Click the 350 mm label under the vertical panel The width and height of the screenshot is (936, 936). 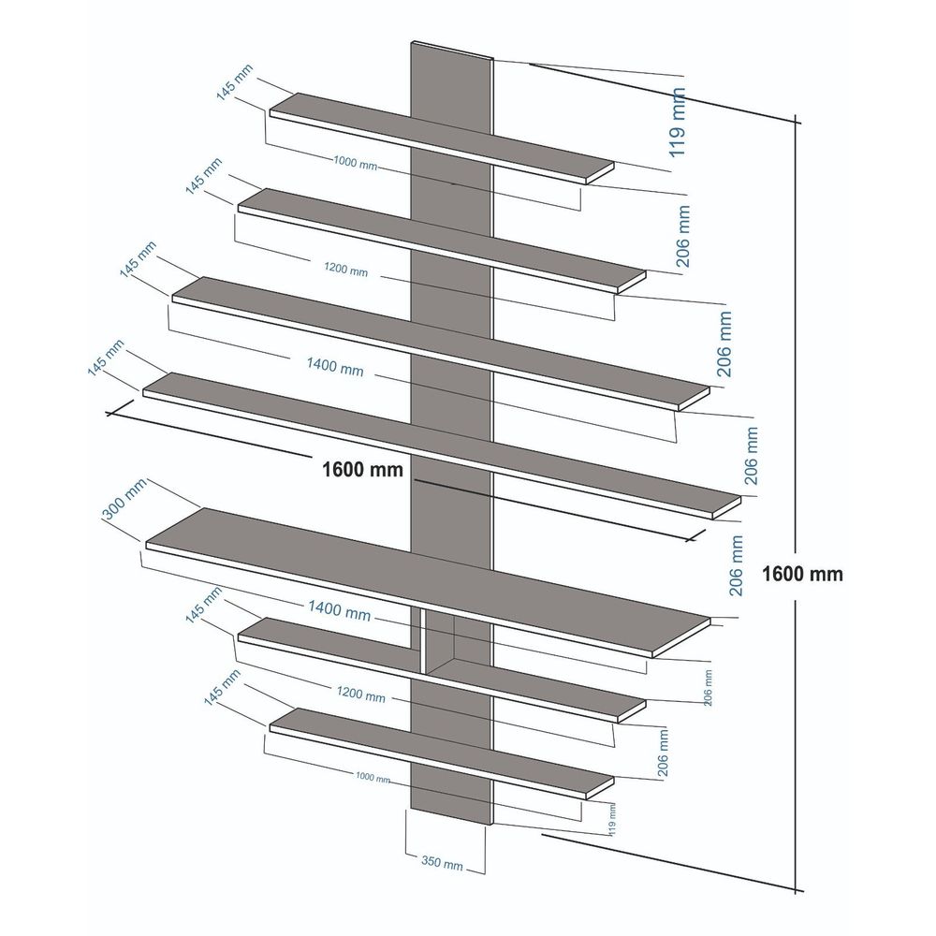442,862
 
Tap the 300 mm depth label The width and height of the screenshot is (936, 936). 124,499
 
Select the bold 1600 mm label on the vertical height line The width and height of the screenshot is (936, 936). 802,574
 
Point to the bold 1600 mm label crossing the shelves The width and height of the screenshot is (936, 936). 362,469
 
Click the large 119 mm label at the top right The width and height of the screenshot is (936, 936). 677,123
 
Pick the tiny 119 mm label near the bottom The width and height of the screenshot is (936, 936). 612,819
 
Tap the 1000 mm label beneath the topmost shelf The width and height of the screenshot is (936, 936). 355,162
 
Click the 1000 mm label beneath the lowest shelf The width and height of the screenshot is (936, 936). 373,777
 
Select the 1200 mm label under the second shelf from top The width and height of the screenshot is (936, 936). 346,270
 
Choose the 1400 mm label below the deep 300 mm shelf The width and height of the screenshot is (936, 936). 339,609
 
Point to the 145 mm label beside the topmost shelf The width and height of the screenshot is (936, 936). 234,81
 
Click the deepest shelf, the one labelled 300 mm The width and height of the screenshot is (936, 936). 428,582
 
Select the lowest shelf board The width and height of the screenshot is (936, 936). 442,753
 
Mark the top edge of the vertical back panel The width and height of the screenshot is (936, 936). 452,51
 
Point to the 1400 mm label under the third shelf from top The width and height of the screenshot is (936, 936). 335,366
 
